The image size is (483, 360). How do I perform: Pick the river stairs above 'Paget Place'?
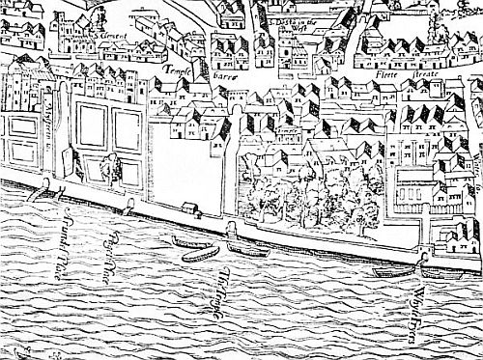(129, 204)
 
